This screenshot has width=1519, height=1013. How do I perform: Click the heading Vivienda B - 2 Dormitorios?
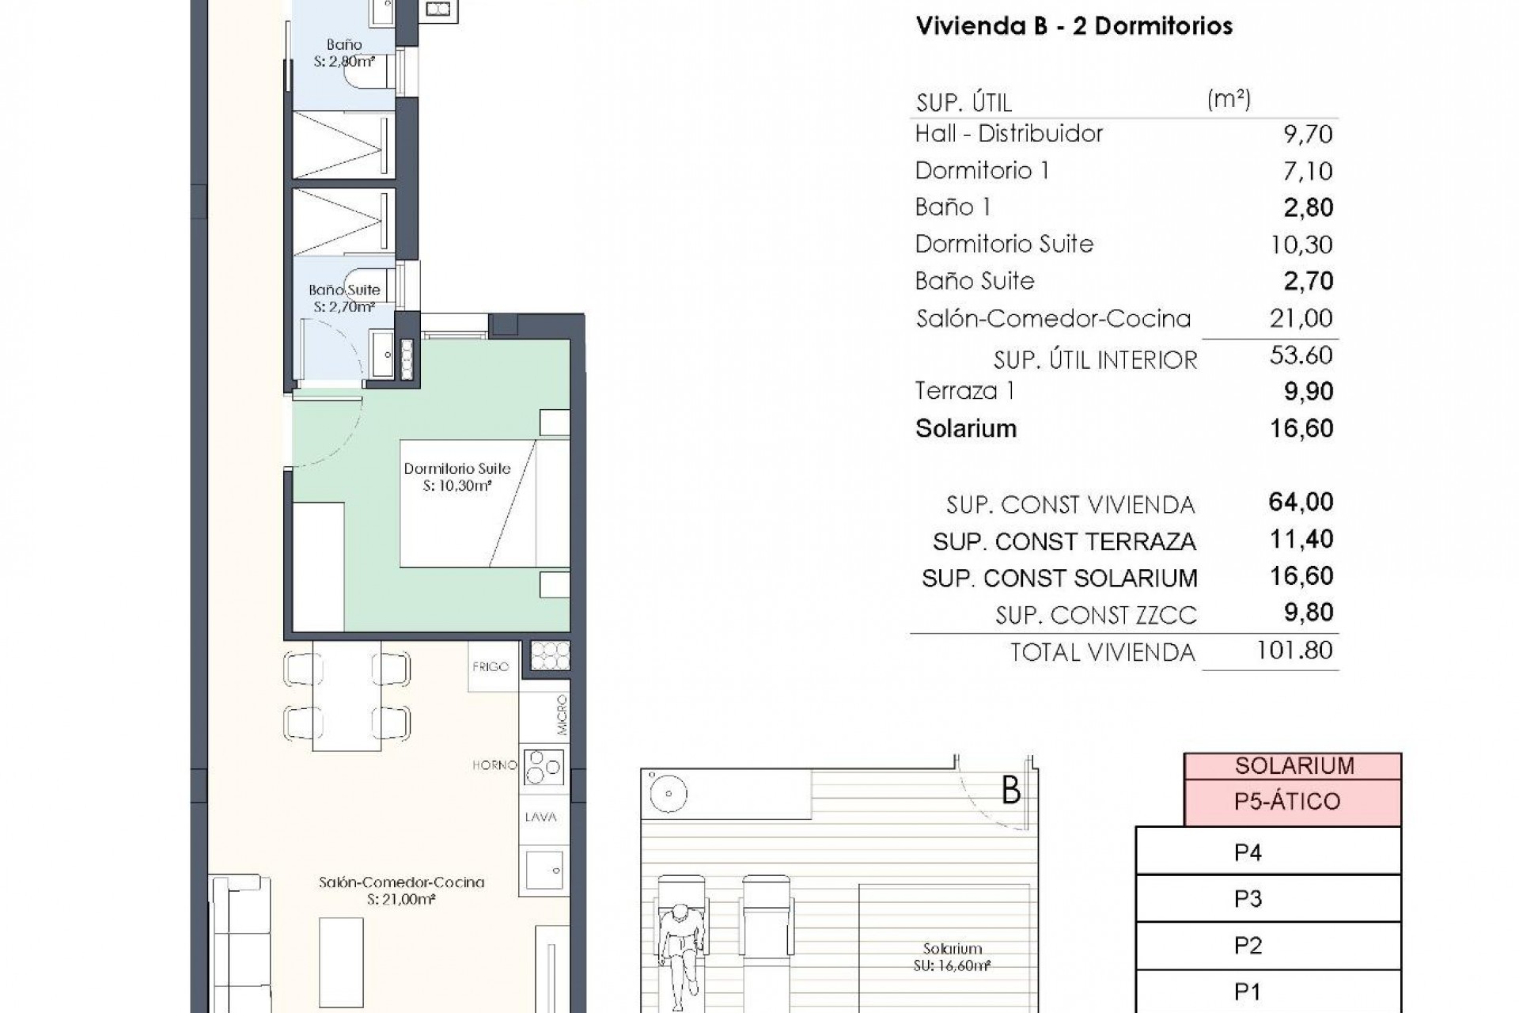pyautogui.click(x=1074, y=26)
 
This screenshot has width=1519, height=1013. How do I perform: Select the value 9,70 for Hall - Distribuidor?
pyautogui.click(x=1307, y=134)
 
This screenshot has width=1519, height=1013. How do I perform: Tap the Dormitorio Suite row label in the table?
pyautogui.click(x=1003, y=244)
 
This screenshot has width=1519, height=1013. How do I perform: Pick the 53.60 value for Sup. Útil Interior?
pyautogui.click(x=1301, y=355)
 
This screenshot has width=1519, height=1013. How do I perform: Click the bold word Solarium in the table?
pyautogui.click(x=965, y=428)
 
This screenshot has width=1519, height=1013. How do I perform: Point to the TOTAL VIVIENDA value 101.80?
pyautogui.click(x=1294, y=651)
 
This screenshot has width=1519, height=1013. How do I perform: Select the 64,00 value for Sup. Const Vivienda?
pyautogui.click(x=1301, y=502)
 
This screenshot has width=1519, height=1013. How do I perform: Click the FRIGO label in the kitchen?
pyautogui.click(x=491, y=666)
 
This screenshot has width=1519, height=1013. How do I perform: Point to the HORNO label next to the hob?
pyautogui.click(x=494, y=765)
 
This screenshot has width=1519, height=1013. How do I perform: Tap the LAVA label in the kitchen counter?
pyautogui.click(x=540, y=817)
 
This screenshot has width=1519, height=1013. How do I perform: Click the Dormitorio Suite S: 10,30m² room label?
pyautogui.click(x=456, y=477)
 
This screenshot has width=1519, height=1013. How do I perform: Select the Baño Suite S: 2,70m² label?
pyautogui.click(x=344, y=298)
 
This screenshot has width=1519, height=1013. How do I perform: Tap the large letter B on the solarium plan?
pyautogui.click(x=1010, y=791)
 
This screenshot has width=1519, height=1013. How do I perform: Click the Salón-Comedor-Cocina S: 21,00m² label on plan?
pyautogui.click(x=401, y=890)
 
